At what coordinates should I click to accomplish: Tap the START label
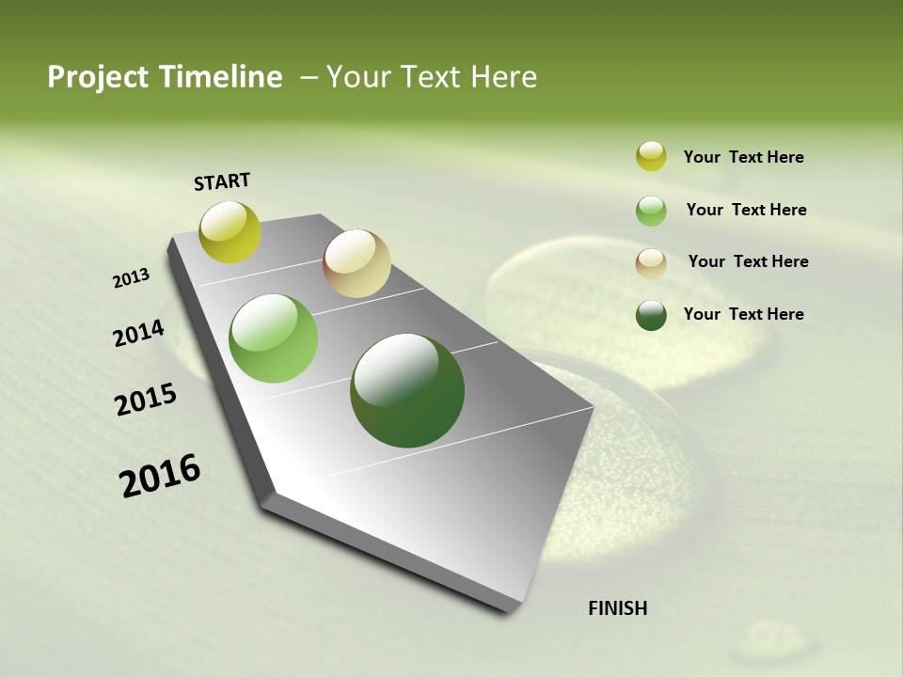pyautogui.click(x=222, y=181)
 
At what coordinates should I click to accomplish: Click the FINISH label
pyautogui.click(x=618, y=608)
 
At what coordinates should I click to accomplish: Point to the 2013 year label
pyautogui.click(x=132, y=278)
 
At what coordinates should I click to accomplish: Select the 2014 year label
pyautogui.click(x=139, y=333)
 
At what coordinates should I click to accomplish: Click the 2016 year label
pyautogui.click(x=160, y=476)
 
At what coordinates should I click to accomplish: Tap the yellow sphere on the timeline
pyautogui.click(x=230, y=232)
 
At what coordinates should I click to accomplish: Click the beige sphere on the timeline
pyautogui.click(x=356, y=263)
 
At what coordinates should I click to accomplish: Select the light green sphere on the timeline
pyautogui.click(x=274, y=338)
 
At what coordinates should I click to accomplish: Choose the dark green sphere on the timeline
pyautogui.click(x=407, y=390)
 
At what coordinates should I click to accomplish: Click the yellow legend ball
pyautogui.click(x=651, y=157)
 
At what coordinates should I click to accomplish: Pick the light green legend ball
pyautogui.click(x=651, y=211)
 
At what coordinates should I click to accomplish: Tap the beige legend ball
pyautogui.click(x=651, y=262)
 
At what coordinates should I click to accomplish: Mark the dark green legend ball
pyautogui.click(x=651, y=315)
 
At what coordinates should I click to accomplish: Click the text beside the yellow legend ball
pyautogui.click(x=743, y=158)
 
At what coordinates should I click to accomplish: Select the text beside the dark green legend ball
pyautogui.click(x=743, y=314)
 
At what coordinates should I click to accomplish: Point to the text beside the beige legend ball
pyautogui.click(x=748, y=261)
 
